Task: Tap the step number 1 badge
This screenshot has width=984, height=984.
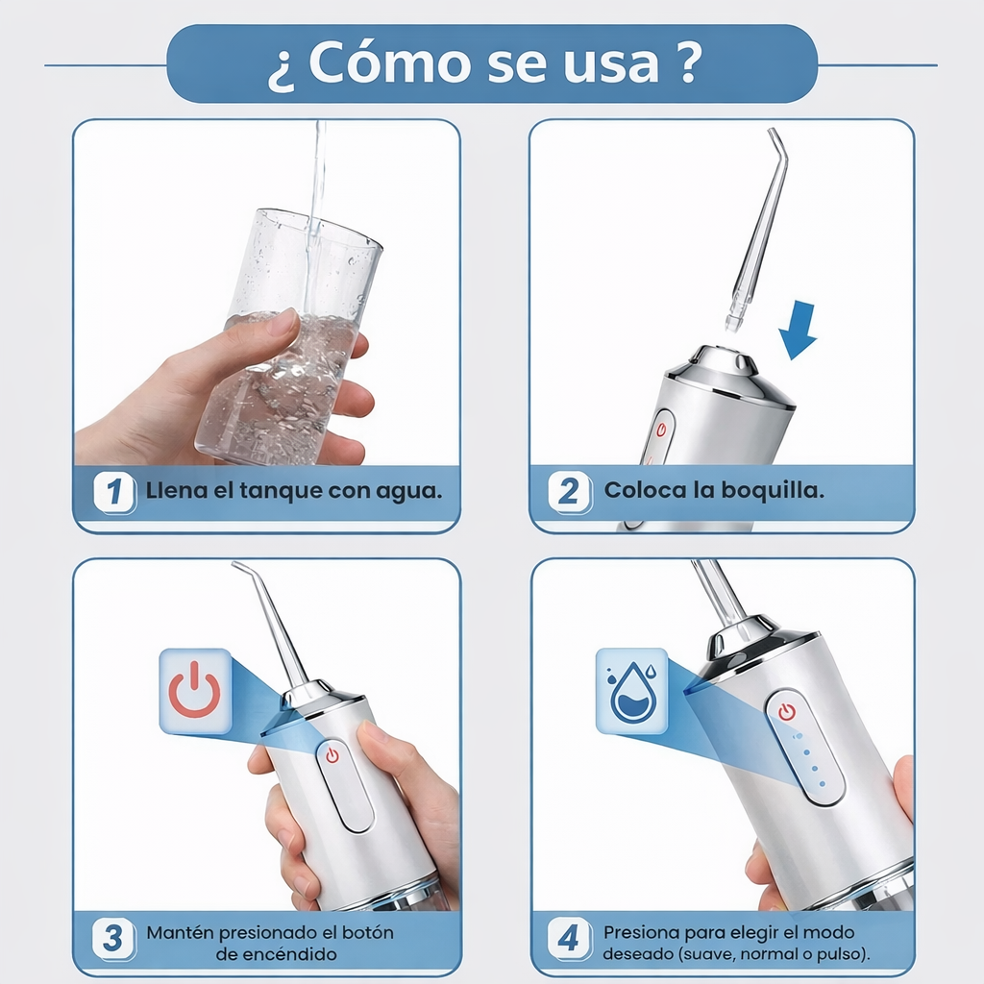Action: [x=114, y=493]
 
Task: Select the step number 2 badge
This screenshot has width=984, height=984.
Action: [x=569, y=493]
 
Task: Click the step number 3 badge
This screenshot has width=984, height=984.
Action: [x=113, y=938]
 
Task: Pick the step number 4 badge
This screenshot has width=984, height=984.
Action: [x=569, y=938]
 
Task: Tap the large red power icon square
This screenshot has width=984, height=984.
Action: [x=195, y=691]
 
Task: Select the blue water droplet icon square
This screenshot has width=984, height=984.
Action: [x=631, y=691]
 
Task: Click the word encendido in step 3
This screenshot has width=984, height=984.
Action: [x=277, y=954]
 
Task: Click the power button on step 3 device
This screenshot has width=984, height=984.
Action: [x=332, y=755]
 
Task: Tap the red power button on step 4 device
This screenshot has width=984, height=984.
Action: [x=788, y=712]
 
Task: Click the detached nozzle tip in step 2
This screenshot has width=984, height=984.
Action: [x=736, y=317]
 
